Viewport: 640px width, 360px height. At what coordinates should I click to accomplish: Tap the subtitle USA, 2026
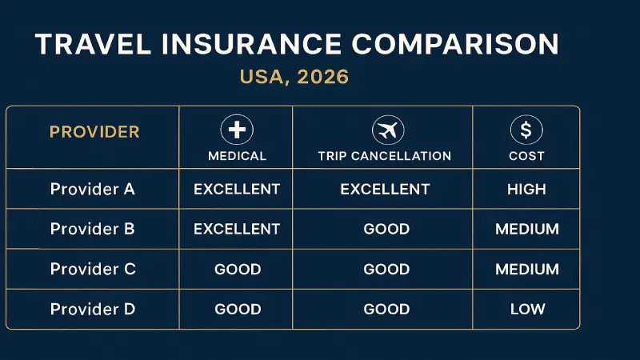pos(294,78)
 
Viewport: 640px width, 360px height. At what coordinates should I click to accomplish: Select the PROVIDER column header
pos(94,132)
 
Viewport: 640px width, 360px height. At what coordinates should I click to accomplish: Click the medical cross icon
pos(237,130)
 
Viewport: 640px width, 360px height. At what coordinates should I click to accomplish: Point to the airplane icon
pos(388,130)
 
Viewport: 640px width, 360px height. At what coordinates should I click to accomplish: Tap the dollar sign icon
pos(526,130)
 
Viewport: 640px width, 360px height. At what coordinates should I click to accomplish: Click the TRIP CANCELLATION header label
pos(385,156)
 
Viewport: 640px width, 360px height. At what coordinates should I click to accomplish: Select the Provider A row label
pos(93,190)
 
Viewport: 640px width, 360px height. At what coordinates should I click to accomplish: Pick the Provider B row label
pos(93,229)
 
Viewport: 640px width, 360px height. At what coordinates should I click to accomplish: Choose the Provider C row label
pos(93,269)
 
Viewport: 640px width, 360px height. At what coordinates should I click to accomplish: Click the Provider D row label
pos(93,309)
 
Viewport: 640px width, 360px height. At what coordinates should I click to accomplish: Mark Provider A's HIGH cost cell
pos(526,190)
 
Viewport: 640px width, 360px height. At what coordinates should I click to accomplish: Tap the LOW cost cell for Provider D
pos(527,309)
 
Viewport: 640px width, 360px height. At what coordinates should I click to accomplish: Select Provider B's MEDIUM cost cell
pos(526,229)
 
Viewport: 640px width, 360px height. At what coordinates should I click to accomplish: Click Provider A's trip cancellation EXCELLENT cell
pos(385,190)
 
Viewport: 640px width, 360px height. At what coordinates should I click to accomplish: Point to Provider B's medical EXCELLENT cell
pos(237,229)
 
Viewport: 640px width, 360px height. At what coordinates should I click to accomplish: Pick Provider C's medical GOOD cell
pos(238,269)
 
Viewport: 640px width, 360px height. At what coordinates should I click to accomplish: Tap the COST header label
pos(526,156)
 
